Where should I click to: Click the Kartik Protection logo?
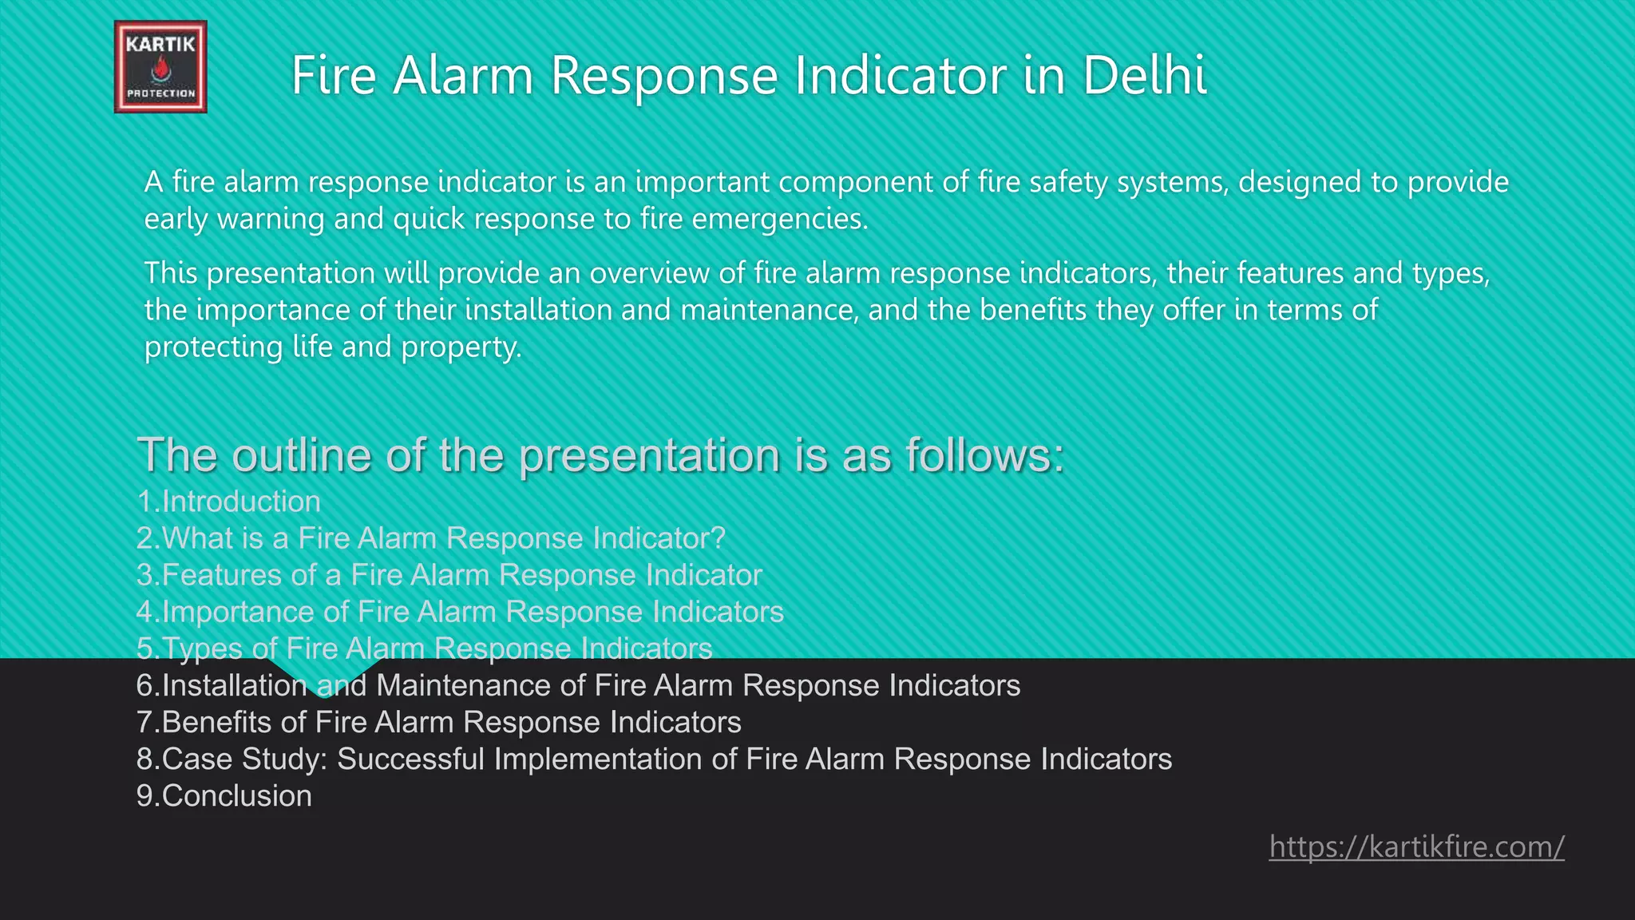click(160, 67)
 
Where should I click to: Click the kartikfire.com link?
click(1416, 847)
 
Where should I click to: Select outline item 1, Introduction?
click(229, 502)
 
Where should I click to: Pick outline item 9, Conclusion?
click(224, 796)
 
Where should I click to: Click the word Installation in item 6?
click(235, 686)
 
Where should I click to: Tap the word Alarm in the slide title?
click(462, 76)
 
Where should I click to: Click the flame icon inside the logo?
click(161, 71)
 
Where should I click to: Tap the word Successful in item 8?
click(410, 759)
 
